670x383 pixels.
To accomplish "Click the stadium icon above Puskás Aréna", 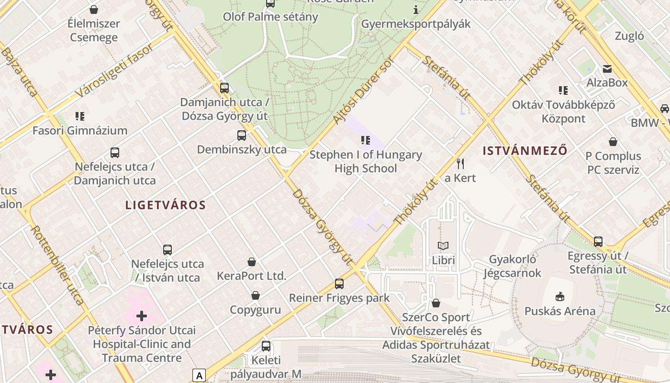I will point(559,297).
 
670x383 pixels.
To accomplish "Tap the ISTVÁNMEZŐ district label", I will point(525,151).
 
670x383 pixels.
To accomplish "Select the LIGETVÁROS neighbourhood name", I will point(165,205).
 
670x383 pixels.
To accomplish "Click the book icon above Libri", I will point(443,246).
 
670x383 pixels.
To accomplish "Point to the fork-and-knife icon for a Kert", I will point(460,164).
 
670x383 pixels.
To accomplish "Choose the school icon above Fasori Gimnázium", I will point(80,116).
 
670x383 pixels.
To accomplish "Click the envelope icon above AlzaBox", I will point(607,69).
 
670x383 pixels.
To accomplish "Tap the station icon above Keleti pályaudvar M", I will point(266,346).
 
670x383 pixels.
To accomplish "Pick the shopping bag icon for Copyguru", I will point(256,295).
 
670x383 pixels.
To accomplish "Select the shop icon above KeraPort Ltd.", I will point(252,262).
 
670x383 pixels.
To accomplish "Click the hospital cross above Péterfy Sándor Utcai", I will point(142,316).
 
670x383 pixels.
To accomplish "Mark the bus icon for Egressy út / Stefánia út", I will point(598,242).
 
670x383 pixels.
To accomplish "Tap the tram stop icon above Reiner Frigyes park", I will point(339,284).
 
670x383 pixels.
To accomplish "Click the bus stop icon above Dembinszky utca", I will point(242,135).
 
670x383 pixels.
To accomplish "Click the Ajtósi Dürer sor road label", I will point(362,90).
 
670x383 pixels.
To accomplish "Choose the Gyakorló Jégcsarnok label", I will point(512,266).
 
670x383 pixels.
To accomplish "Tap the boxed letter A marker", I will point(199,376).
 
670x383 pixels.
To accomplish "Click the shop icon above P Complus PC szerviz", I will point(613,142).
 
